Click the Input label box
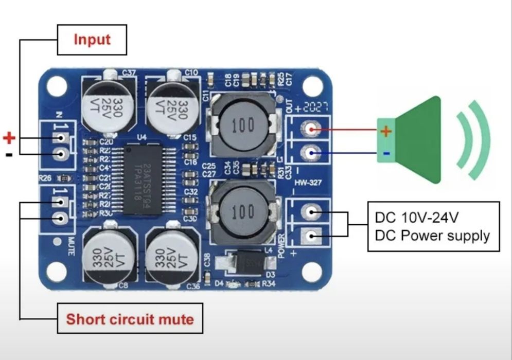coord(92,40)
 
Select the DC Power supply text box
coord(433,226)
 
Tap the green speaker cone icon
coord(416,139)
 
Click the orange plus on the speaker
coord(386,131)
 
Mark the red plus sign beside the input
coord(9,138)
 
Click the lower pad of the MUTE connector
coord(61,218)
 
